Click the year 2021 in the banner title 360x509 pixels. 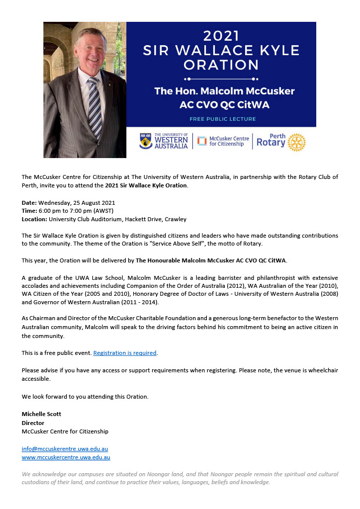tap(221, 36)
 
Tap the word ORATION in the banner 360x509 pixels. tap(221, 65)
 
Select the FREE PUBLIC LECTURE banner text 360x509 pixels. tap(222, 119)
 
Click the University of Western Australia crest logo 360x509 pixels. tap(146, 142)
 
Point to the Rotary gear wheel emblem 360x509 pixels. tap(296, 142)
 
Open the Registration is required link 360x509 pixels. tap(125, 353)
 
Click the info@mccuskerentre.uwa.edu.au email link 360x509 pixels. tap(65, 449)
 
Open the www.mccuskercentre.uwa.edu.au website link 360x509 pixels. tap(66, 457)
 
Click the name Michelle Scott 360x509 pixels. tap(41, 414)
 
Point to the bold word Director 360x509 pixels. tap(33, 423)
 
